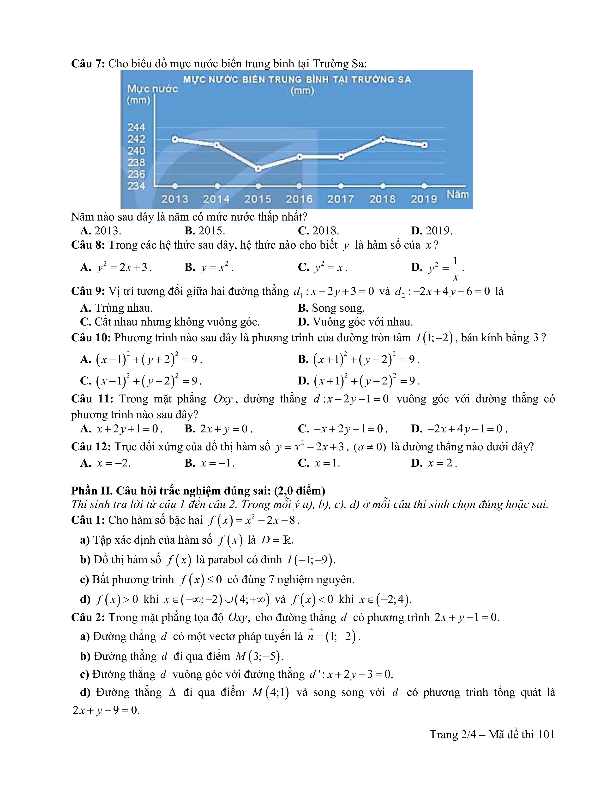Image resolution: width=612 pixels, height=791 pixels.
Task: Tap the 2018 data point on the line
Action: click(x=383, y=139)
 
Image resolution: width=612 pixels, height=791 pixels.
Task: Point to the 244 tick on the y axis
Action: click(x=136, y=127)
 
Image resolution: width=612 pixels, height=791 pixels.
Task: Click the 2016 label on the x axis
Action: click(x=299, y=199)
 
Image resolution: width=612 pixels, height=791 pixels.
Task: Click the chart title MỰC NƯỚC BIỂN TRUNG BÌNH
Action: click(x=297, y=80)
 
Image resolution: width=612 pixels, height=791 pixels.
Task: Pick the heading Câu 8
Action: click(x=88, y=245)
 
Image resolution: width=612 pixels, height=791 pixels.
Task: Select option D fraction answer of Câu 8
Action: click(x=438, y=268)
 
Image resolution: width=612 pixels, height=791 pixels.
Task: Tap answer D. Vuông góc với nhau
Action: click(x=355, y=322)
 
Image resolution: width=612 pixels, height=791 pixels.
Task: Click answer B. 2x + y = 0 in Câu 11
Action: click(x=218, y=429)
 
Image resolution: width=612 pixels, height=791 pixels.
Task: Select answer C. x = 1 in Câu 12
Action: click(x=319, y=463)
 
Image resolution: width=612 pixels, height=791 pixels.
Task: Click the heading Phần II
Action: click(x=198, y=491)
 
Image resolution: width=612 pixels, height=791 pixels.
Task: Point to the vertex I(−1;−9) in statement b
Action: click(x=311, y=560)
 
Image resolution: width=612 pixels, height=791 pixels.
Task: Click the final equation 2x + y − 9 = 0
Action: click(x=106, y=710)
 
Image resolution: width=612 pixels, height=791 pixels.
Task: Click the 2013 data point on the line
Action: click(x=175, y=139)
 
